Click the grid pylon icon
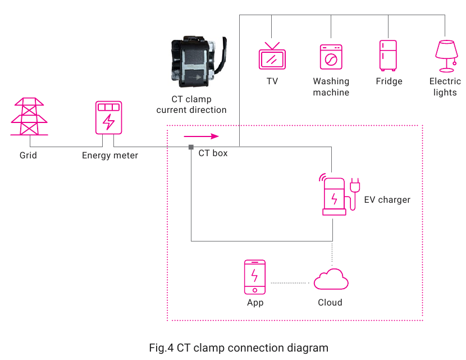tap(29, 116)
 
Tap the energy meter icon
tap(108, 118)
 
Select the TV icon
tap(272, 56)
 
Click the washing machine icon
tap(331, 57)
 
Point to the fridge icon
tap(388, 56)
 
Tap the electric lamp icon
tap(446, 56)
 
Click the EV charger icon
tap(339, 194)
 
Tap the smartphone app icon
tap(255, 277)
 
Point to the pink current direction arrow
tap(201, 136)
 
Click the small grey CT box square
tap(191, 147)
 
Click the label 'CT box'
tap(213, 153)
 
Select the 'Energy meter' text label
tap(110, 156)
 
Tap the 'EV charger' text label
tap(387, 200)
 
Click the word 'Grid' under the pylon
tap(28, 155)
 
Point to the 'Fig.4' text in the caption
tap(161, 348)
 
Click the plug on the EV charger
tap(354, 185)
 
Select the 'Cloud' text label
tap(330, 302)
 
